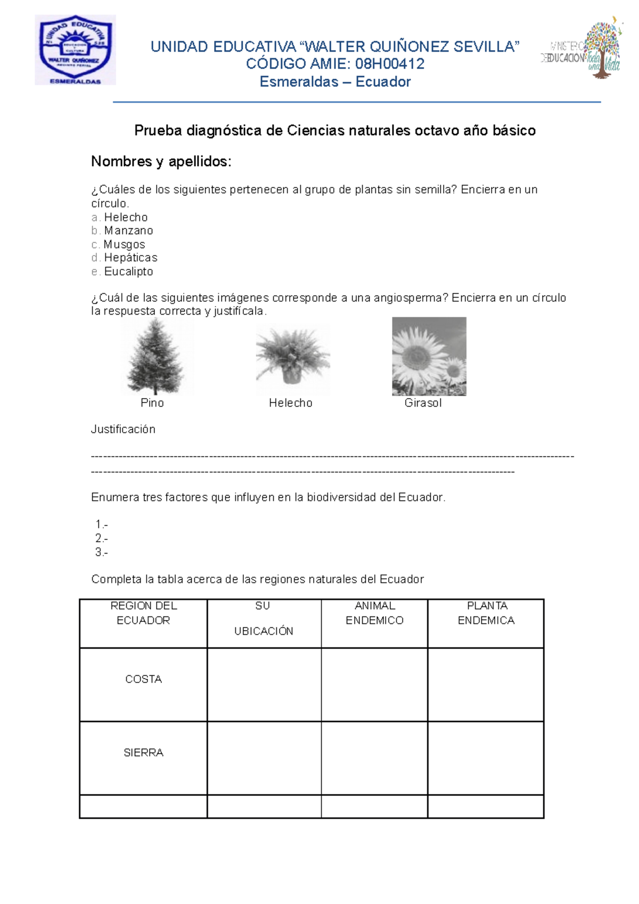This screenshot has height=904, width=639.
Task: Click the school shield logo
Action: pos(75,50)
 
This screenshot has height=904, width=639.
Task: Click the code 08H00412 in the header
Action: pos(390,64)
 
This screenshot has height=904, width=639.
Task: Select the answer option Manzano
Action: pos(128,231)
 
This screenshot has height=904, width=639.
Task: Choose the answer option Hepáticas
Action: pos(130,258)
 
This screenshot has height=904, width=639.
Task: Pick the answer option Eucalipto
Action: pos(128,272)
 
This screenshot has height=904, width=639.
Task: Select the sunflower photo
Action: pos(429,356)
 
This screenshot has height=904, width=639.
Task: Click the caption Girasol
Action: pos(423,403)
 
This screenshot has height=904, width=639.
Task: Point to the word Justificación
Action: pos(123,429)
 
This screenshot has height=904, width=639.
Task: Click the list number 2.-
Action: pos(101,538)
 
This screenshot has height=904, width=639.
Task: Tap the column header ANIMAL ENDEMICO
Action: pos(374,613)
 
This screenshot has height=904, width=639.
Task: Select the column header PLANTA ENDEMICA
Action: pos(486,613)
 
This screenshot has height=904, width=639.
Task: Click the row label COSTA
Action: pos(143,679)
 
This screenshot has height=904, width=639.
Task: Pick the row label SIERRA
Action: pos(143,753)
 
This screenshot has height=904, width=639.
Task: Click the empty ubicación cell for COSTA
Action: pos(264,685)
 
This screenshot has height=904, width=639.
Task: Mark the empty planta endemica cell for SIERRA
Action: pos(485,758)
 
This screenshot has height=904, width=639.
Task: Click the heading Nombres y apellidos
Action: pos(161,161)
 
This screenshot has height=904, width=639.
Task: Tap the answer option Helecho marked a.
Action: pos(126,217)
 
